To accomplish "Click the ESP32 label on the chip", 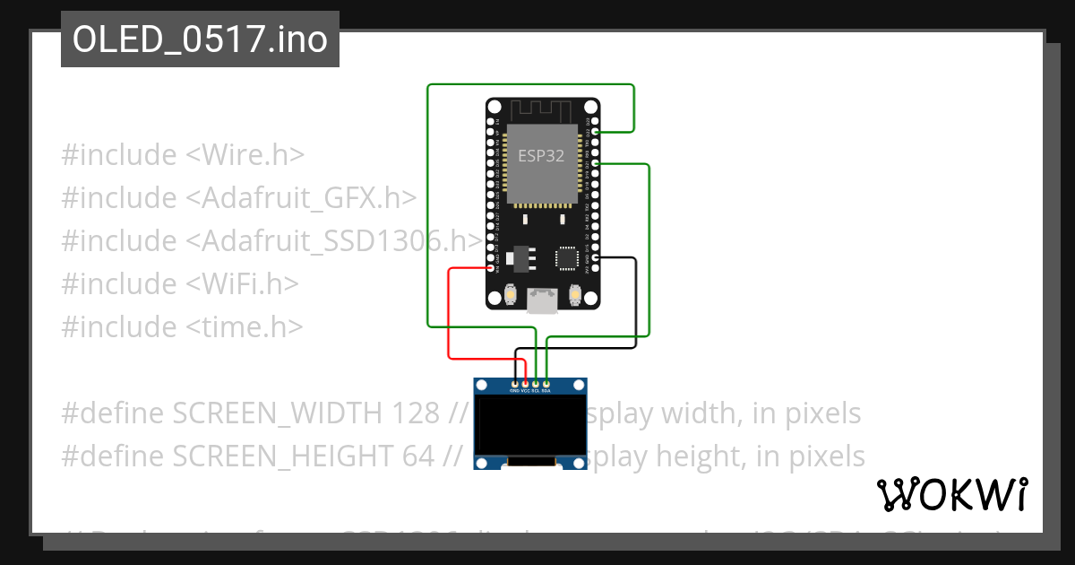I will click(x=542, y=155).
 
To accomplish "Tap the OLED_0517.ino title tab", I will click(x=200, y=39).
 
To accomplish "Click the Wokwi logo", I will click(x=951, y=494).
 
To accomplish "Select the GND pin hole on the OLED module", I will click(x=514, y=383).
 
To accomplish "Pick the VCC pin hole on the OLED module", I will click(x=525, y=383).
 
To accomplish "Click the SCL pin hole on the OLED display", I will click(x=536, y=383).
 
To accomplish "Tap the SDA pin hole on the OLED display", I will click(x=546, y=383).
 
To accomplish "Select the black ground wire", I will click(x=636, y=305).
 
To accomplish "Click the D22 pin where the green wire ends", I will click(x=596, y=132).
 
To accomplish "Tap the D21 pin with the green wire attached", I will click(x=596, y=164).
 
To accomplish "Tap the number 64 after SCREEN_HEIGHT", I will click(x=417, y=456).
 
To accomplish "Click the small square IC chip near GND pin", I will click(x=567, y=258).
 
